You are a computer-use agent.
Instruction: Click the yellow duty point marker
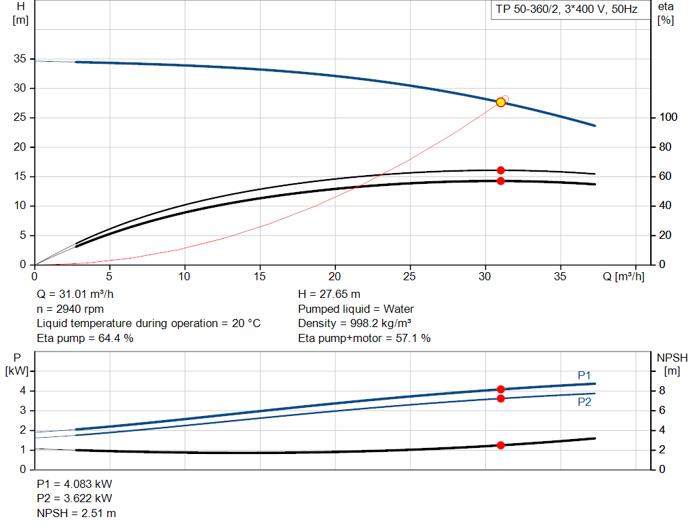point(501,102)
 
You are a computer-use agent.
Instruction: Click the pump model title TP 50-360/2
point(565,10)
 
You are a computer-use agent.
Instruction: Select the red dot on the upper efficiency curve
point(501,170)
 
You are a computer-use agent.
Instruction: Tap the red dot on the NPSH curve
point(501,445)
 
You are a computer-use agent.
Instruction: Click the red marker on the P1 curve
point(501,390)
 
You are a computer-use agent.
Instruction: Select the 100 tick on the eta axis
point(668,117)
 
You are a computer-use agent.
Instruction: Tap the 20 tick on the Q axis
point(335,277)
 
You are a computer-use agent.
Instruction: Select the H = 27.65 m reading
point(329,295)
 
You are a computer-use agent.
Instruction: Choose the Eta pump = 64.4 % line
point(85,338)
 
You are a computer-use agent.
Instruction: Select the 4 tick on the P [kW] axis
point(22,390)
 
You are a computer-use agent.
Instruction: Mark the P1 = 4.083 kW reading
point(75,485)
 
